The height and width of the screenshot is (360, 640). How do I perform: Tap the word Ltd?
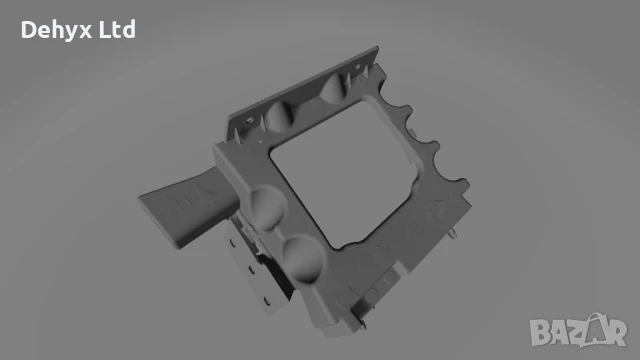[x=118, y=30]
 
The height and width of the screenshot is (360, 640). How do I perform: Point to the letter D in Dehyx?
[x=27, y=30]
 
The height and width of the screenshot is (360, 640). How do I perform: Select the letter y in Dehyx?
[x=70, y=33]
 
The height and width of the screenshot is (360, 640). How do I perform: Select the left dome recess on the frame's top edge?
[x=279, y=112]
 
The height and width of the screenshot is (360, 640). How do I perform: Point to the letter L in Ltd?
[x=105, y=30]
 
